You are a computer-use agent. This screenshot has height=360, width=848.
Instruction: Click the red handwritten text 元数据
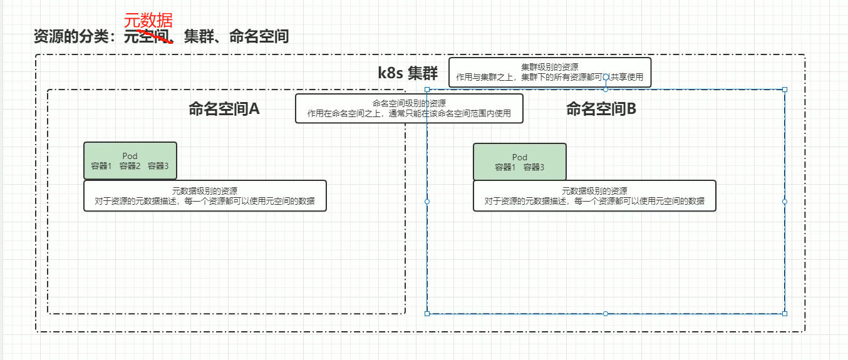click(x=148, y=21)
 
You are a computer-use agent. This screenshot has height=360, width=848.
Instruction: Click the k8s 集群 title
click(x=408, y=73)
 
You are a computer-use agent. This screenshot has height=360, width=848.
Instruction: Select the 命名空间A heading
click(x=224, y=109)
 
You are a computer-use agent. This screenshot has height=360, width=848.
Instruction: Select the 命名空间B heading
click(x=601, y=109)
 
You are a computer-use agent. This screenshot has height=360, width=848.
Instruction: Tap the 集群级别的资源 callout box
click(x=550, y=73)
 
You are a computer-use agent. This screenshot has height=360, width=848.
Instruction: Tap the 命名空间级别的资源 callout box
click(x=409, y=108)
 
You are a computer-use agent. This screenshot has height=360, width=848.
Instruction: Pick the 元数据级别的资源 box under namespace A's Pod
click(x=205, y=196)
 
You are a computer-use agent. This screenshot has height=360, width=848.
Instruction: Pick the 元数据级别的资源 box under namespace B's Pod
click(x=594, y=196)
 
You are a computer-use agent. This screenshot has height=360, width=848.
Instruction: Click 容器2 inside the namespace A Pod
click(x=130, y=166)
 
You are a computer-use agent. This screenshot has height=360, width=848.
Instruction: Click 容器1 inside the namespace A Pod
click(x=101, y=166)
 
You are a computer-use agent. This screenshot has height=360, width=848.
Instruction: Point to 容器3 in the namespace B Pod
click(x=534, y=167)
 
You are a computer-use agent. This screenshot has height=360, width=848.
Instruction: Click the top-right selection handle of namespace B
click(x=785, y=90)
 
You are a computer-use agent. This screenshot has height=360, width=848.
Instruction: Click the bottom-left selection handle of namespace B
click(x=427, y=313)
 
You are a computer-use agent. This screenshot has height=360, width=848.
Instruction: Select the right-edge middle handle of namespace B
click(x=785, y=202)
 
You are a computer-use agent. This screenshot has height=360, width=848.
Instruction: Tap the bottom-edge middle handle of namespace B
click(x=606, y=313)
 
